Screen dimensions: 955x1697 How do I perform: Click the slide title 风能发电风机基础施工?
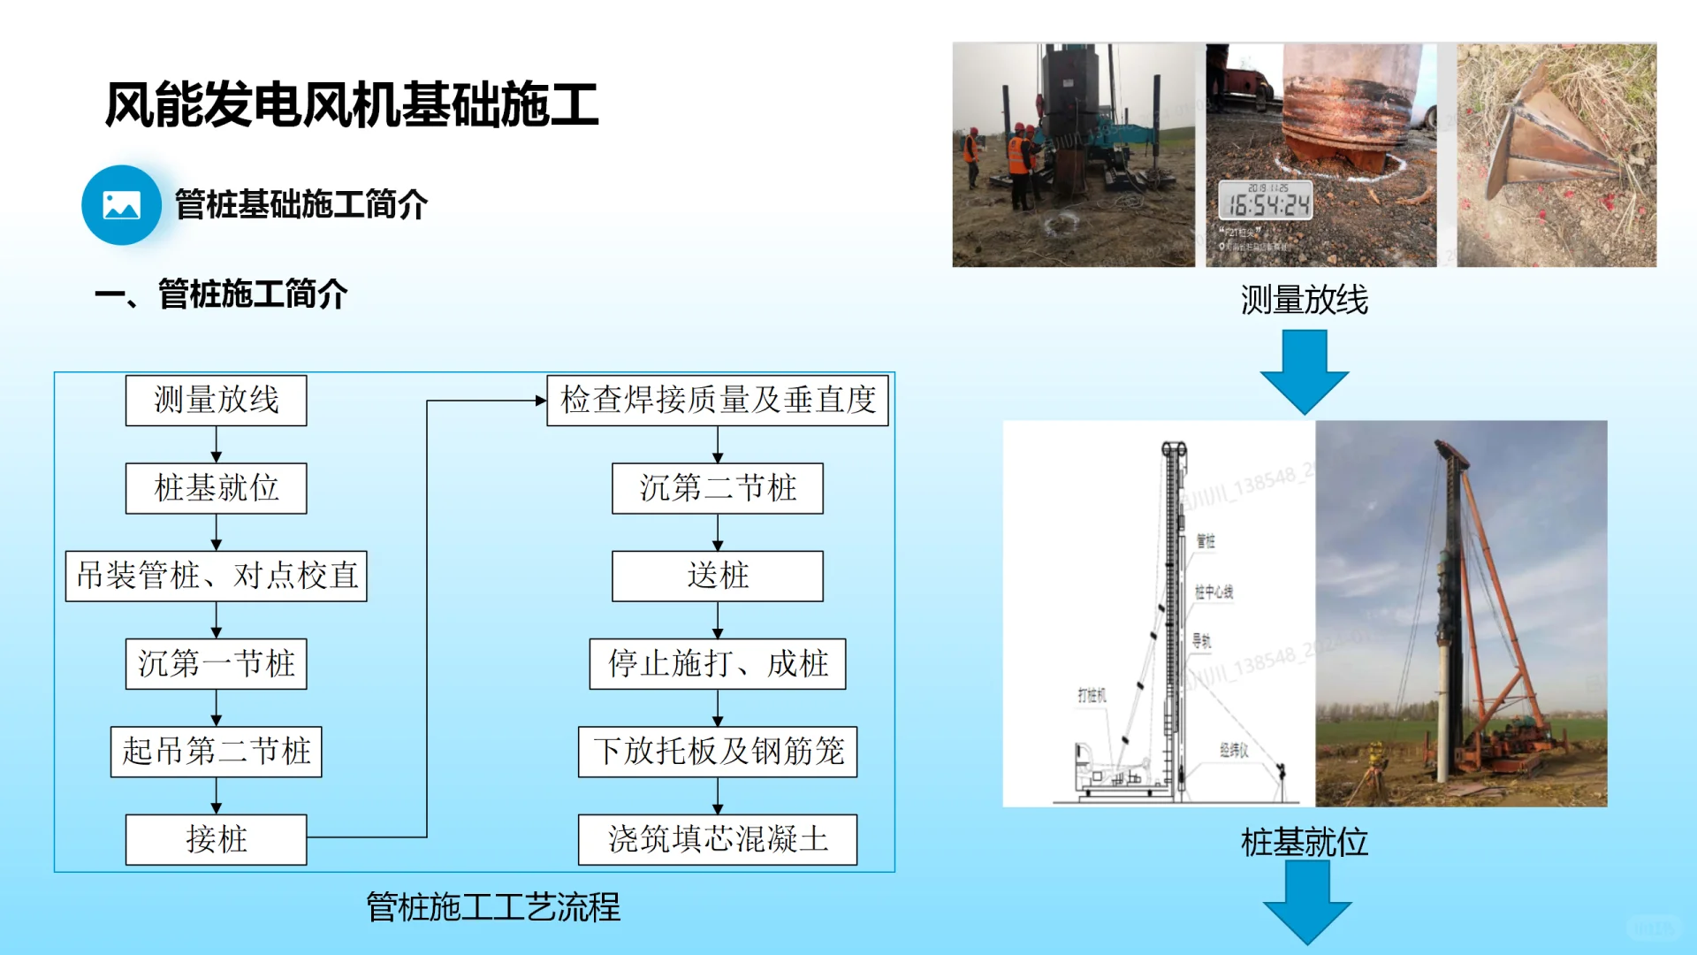pyautogui.click(x=352, y=104)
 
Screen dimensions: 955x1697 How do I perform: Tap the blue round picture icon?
pyautogui.click(x=121, y=205)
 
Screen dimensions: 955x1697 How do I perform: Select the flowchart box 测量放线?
pyautogui.click(x=216, y=401)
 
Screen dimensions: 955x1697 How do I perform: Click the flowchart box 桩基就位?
pyautogui.click(x=216, y=488)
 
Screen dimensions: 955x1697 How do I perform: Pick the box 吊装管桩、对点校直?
pyautogui.click(x=216, y=577)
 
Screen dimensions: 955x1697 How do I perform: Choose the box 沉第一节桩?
pyautogui.click(x=216, y=664)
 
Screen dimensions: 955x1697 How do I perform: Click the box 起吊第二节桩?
pyautogui.click(x=216, y=752)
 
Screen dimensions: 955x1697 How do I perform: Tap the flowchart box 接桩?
pyautogui.click(x=216, y=839)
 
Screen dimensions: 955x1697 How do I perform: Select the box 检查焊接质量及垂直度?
pyautogui.click(x=717, y=401)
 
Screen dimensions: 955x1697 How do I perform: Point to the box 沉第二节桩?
pyautogui.click(x=717, y=488)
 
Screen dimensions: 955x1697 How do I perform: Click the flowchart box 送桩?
pyautogui.click(x=717, y=577)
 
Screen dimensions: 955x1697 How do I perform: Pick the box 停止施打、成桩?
pyautogui.click(x=717, y=664)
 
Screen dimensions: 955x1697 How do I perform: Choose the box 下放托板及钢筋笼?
pyautogui.click(x=717, y=752)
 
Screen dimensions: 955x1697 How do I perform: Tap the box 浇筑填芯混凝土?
pyautogui.click(x=717, y=839)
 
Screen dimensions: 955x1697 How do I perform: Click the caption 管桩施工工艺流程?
pyautogui.click(x=493, y=907)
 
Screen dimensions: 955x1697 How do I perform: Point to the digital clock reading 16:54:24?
pyautogui.click(x=1266, y=203)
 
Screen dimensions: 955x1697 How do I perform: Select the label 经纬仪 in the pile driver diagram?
pyautogui.click(x=1234, y=750)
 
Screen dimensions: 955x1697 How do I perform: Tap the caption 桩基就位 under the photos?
pyautogui.click(x=1304, y=842)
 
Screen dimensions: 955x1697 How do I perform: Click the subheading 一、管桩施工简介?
pyautogui.click(x=221, y=294)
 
